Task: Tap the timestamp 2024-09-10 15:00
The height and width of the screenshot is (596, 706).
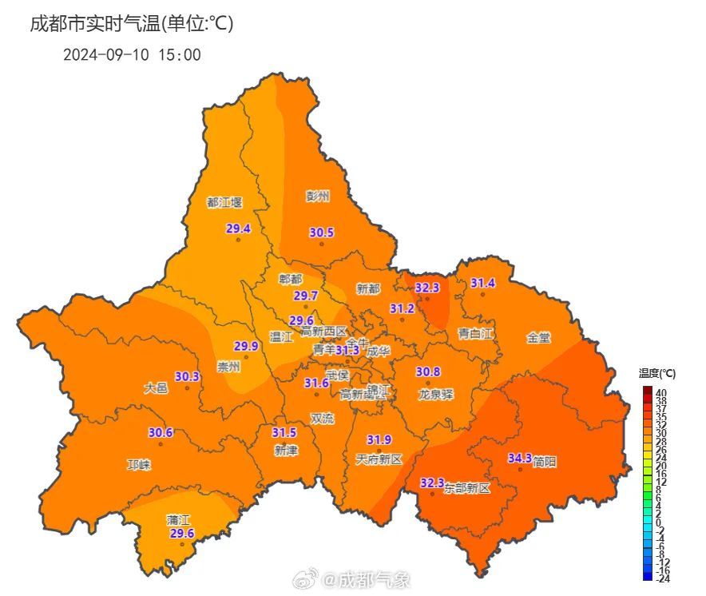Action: point(132,55)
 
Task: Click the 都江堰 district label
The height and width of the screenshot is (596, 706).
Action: point(224,203)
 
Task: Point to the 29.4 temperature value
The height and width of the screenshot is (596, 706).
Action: point(238,228)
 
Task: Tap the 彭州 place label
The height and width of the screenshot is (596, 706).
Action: point(317,196)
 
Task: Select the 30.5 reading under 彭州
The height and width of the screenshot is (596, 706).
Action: point(322,232)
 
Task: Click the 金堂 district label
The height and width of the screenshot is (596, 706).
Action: point(538,338)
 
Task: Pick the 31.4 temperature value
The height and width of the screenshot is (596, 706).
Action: point(482,284)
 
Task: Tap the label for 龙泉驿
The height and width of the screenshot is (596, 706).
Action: point(436,394)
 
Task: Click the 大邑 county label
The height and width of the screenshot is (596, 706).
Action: point(156,388)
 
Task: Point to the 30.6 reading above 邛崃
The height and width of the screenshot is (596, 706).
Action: point(161,433)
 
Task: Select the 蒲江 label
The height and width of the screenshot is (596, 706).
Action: point(178,519)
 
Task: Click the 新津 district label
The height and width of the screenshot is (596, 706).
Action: point(285,451)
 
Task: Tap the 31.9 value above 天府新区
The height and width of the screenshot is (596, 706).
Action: point(379,440)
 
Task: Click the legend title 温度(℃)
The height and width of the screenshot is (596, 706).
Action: point(657,373)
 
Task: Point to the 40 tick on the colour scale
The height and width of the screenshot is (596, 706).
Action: point(662,391)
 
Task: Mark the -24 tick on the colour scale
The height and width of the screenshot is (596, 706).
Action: point(663,578)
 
